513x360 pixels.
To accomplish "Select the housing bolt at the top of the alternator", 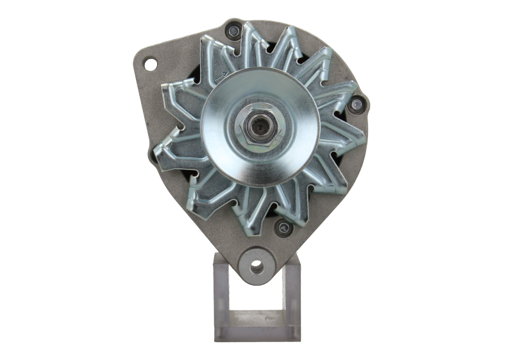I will point(233,29).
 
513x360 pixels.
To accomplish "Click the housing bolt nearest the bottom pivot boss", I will point(280,225).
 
